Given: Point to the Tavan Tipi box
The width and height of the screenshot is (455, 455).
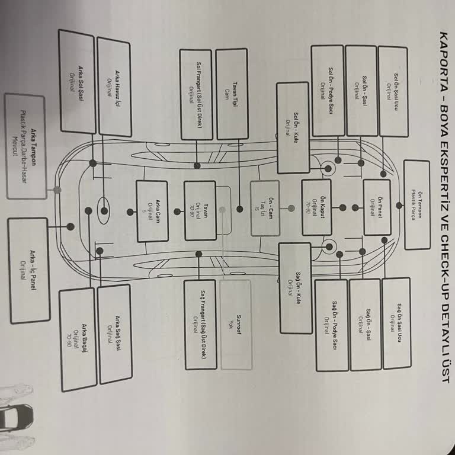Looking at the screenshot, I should pos(232,94).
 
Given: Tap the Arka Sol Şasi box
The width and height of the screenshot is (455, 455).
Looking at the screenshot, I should pos(77,81).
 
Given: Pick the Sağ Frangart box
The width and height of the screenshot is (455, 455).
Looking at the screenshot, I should pos(200,324).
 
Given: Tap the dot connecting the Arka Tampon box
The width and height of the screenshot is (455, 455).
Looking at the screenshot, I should pos(57,190).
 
